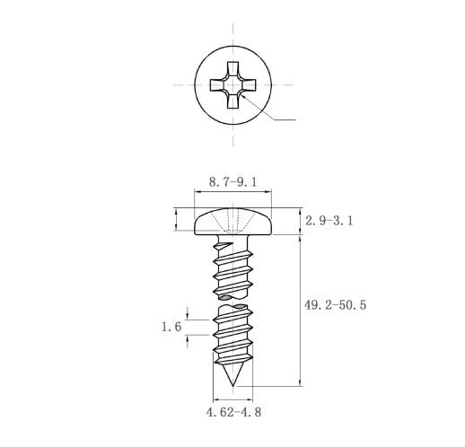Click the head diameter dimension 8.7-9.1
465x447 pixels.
232,182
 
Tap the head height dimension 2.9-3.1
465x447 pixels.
329,221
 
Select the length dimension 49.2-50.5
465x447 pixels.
335,305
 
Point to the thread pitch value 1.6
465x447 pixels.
171,327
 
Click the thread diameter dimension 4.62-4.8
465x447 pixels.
233,412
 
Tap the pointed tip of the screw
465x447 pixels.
232,386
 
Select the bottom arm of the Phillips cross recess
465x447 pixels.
232,101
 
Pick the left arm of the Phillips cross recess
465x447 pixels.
217,85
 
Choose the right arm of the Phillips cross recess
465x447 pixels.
248,85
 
